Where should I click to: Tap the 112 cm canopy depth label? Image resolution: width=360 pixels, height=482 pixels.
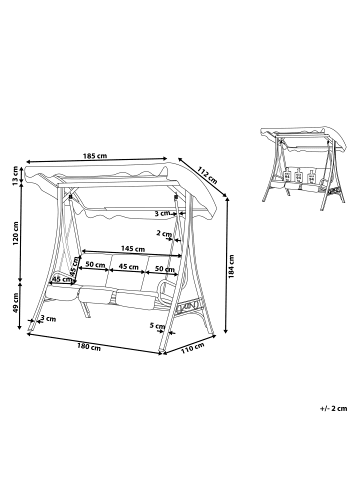(207, 175)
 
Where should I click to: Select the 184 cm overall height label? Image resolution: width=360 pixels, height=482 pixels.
(231, 266)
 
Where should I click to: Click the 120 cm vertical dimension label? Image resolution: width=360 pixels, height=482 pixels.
(16, 233)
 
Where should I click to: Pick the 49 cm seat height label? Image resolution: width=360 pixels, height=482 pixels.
(16, 303)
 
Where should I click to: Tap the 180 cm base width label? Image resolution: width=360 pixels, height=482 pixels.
(89, 347)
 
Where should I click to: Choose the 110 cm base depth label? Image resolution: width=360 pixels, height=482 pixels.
(193, 348)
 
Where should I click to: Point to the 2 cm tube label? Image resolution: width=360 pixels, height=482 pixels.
(164, 233)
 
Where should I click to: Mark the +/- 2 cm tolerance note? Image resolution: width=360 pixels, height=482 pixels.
(333, 408)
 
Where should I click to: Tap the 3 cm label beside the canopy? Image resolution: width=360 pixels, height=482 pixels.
(162, 213)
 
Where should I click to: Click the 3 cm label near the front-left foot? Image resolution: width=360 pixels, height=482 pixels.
(48, 319)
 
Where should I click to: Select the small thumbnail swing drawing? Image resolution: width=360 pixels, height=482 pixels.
(303, 168)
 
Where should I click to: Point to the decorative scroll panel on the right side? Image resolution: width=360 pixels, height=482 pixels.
(189, 305)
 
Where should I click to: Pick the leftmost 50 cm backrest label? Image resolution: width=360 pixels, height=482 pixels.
(95, 264)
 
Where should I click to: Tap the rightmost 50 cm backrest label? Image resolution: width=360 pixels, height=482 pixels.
(165, 269)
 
